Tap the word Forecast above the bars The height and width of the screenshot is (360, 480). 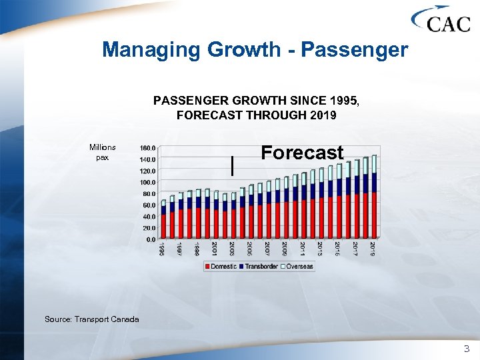(x=302, y=153)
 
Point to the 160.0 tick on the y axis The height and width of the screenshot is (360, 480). (x=147, y=148)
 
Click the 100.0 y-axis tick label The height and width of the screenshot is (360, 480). (x=147, y=182)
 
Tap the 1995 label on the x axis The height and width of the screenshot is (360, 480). (x=162, y=249)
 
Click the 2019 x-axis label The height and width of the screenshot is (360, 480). (x=373, y=249)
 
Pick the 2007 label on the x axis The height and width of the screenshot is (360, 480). (x=267, y=249)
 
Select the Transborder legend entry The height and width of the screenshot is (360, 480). (x=261, y=267)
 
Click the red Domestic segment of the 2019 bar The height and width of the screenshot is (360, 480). (x=374, y=213)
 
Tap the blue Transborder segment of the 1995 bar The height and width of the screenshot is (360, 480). (x=163, y=210)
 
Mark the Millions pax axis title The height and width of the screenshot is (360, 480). (x=102, y=153)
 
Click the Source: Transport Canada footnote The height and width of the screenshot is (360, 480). (x=92, y=319)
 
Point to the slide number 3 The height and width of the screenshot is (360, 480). (x=466, y=348)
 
